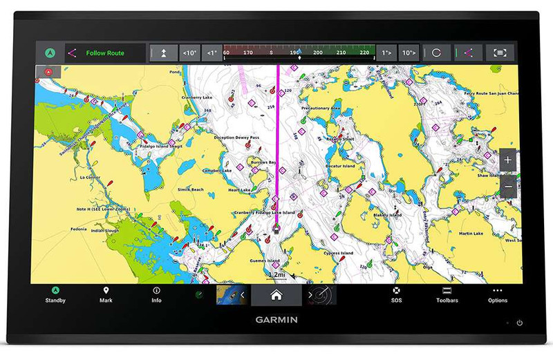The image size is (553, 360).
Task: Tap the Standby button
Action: pos(55,294)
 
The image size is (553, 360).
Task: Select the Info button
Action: pos(156,294)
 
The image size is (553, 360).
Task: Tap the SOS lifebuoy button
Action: pos(396,294)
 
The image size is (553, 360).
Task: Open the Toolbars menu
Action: pos(447,294)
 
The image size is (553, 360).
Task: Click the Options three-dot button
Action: pos(497,294)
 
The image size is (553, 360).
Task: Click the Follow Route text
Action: pos(105,53)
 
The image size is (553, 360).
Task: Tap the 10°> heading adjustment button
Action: pos(409,53)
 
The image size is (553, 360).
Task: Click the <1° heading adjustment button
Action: pos(212,53)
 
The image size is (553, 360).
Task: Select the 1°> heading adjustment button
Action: pos(386,53)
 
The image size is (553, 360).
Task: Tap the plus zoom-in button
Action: pos(508,160)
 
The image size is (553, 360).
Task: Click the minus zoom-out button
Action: pos(508,187)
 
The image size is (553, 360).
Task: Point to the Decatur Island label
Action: pos(339,167)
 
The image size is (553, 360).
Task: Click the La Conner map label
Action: pos(91,178)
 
